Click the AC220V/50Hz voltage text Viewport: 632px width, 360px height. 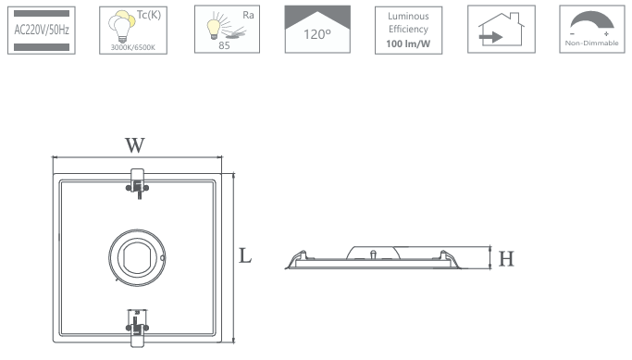click(42, 30)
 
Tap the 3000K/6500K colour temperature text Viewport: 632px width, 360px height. click(133, 47)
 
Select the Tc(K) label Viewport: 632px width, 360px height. click(149, 15)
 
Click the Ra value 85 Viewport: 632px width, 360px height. click(224, 45)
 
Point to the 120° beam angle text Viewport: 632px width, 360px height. click(317, 34)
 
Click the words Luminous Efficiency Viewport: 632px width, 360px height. click(408, 22)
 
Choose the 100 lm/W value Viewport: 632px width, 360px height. click(408, 43)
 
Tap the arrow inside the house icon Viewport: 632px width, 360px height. click(490, 38)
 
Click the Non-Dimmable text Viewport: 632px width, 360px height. click(591, 43)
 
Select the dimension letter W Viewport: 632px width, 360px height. click(134, 145)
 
